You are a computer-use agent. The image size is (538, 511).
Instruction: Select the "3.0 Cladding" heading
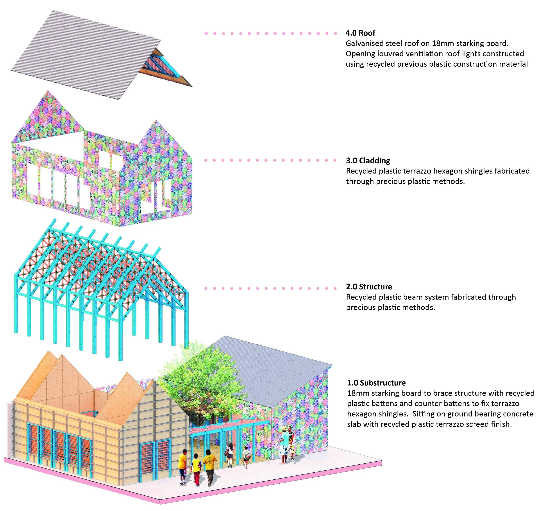[x=368, y=161]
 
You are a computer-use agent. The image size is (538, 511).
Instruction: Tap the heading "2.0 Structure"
[x=369, y=287]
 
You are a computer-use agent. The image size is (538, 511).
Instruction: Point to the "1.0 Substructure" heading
[x=376, y=383]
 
